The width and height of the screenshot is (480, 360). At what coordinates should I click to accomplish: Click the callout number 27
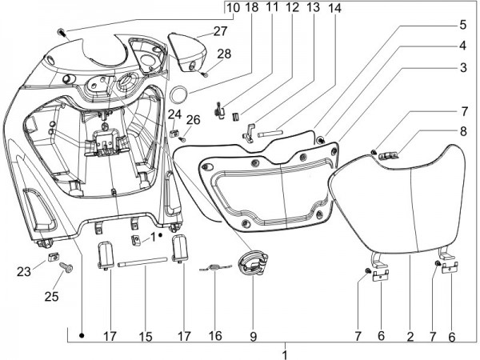(198, 32)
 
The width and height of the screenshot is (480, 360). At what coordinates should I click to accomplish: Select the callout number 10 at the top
(232, 8)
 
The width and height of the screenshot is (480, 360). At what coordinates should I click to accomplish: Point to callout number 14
(334, 8)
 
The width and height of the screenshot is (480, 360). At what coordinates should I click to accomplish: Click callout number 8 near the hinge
(462, 131)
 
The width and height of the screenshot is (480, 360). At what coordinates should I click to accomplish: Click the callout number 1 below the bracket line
(285, 353)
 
